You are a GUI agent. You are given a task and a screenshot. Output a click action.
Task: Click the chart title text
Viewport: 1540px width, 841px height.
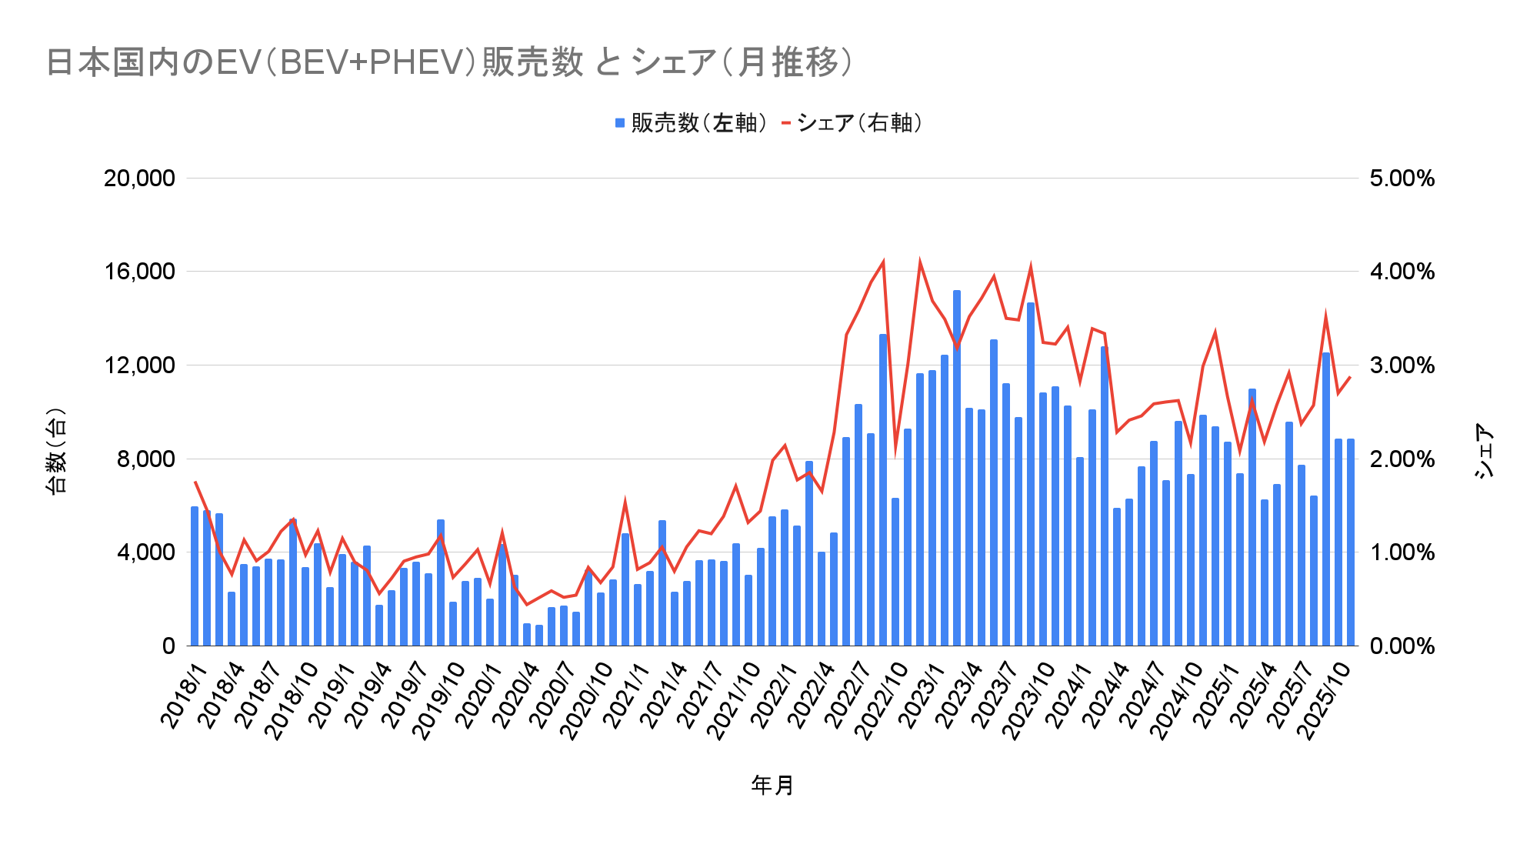pos(450,62)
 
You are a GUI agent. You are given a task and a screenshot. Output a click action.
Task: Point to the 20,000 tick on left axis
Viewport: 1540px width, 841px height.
pos(139,179)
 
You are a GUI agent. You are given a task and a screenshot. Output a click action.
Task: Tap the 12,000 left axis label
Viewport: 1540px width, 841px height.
pos(139,365)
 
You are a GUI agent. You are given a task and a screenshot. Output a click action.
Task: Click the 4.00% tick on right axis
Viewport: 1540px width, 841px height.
pos(1402,272)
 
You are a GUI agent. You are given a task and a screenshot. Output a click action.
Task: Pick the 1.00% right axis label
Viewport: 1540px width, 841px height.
pos(1402,552)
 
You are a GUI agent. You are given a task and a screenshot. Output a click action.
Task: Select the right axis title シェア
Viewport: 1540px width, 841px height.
pos(1484,450)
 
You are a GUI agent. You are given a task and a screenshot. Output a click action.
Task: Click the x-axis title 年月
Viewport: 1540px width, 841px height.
pos(772,785)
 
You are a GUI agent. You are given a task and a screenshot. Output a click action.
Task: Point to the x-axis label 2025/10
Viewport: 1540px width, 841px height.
pos(1325,700)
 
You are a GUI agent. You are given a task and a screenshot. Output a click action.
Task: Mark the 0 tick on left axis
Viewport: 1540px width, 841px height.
pos(168,646)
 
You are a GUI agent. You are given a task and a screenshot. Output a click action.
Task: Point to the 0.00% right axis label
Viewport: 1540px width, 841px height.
pos(1402,646)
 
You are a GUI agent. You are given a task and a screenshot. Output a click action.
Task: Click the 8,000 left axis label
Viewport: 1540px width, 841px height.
pos(145,459)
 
